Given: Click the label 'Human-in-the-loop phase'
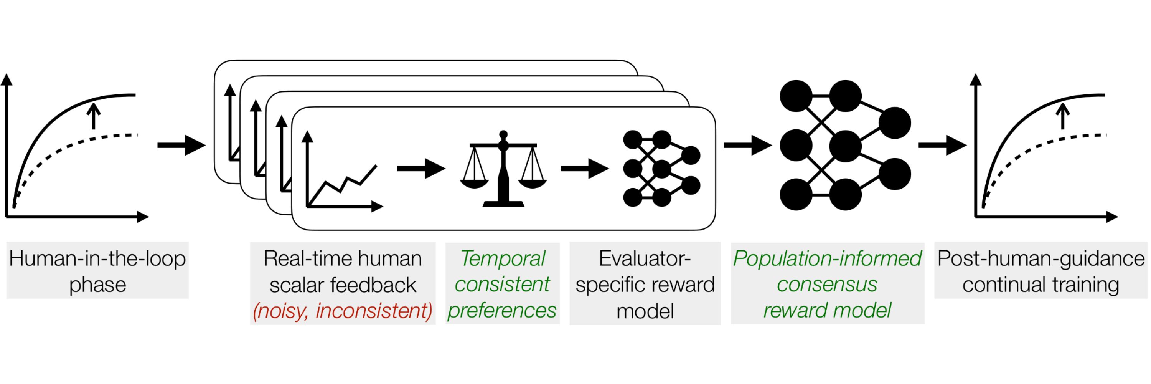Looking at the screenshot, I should coord(97,271).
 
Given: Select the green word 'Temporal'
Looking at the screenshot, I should coord(502,258).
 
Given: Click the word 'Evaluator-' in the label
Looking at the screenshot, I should coord(645,258).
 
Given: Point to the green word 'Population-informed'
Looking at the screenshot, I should coord(827,258).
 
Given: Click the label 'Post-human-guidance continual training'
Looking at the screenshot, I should coord(1041,271).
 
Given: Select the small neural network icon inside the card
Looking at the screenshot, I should coord(661,169).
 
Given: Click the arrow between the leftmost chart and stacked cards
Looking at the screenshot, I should coord(181,145).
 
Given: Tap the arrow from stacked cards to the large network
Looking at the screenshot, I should coord(747,145).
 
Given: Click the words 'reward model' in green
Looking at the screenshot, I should coord(827,310).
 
